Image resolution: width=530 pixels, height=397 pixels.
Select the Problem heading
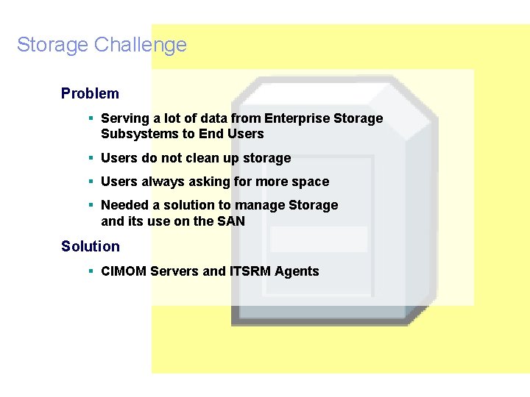coord(90,93)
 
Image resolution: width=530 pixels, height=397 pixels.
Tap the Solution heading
coord(90,246)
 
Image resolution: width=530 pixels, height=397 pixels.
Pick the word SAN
coord(230,221)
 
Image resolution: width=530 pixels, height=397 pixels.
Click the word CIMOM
coord(124,271)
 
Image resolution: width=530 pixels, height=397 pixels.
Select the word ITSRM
coord(250,271)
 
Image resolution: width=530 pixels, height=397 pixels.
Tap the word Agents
coord(297,271)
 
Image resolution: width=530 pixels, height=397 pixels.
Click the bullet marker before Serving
coord(90,118)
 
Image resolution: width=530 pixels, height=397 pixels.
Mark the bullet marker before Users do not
coord(90,157)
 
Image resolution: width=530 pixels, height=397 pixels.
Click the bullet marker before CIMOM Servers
coord(90,271)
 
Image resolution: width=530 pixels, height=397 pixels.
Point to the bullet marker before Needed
coord(90,204)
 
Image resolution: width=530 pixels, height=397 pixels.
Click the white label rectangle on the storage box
coord(318,239)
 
